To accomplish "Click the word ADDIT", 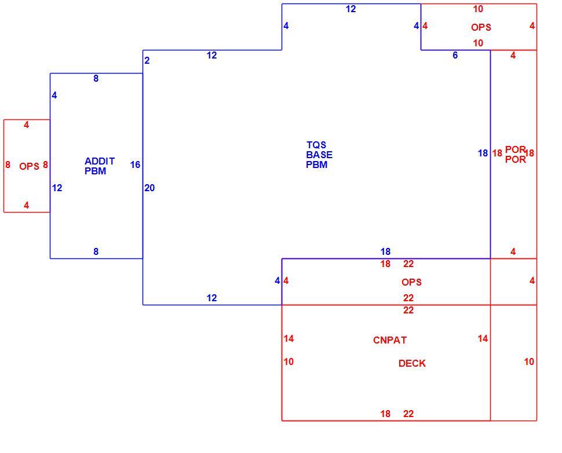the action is (100, 161).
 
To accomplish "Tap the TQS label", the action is (316, 145).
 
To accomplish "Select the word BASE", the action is (319, 155).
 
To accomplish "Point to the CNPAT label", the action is (390, 340).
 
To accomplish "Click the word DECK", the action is (412, 363).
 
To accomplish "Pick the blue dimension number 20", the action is (149, 188).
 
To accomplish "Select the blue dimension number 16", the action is (135, 165).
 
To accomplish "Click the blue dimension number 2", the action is (147, 61).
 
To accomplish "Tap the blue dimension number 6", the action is (455, 55).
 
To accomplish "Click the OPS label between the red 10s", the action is (481, 27).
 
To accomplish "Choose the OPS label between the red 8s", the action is (29, 166).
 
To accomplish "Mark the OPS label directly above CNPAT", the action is (411, 282).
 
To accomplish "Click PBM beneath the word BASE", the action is (316, 165).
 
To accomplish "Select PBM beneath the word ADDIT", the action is (96, 171).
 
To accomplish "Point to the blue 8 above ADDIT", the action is (96, 78).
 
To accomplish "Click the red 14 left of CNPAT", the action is (289, 338).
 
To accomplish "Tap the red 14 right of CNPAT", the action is (483, 338).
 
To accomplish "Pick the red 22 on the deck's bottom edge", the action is (408, 414).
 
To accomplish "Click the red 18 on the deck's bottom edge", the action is (385, 414).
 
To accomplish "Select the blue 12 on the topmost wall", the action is (351, 9).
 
